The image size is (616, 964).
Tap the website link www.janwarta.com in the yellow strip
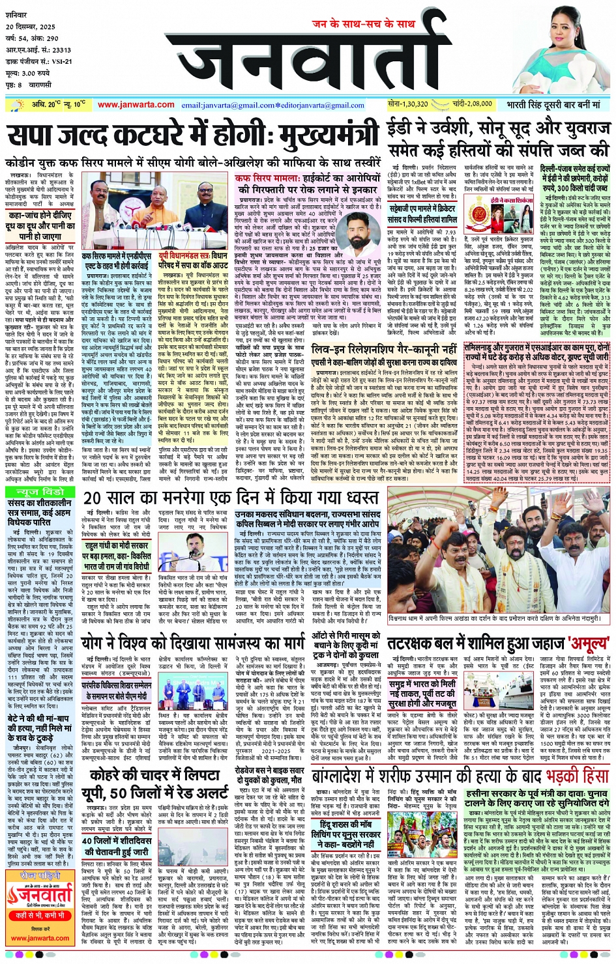pos(136,104)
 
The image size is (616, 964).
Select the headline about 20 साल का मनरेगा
pos(231,498)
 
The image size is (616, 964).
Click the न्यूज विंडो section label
pos(40,491)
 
